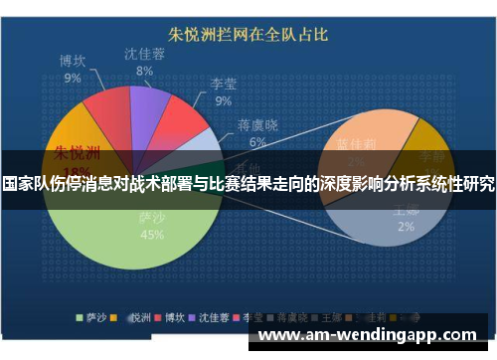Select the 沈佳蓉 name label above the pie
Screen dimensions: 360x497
click(144, 55)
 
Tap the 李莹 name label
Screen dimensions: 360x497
click(224, 85)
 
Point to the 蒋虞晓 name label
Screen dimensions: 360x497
click(256, 125)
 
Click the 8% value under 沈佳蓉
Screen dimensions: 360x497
click(145, 71)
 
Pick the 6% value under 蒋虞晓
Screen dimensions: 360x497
click(257, 142)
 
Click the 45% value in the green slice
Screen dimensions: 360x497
click(152, 236)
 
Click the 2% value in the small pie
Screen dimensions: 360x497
click(407, 227)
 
